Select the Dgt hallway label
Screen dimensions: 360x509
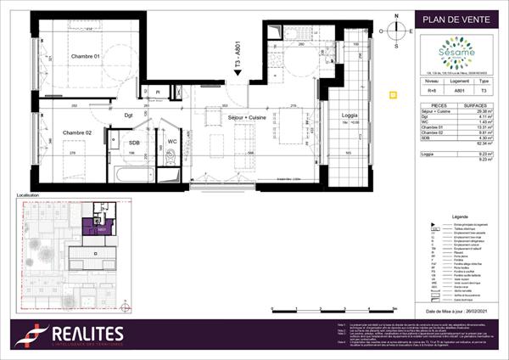tap(130, 114)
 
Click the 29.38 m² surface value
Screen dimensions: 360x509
tap(484, 112)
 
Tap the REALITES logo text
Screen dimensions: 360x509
tap(81, 334)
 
